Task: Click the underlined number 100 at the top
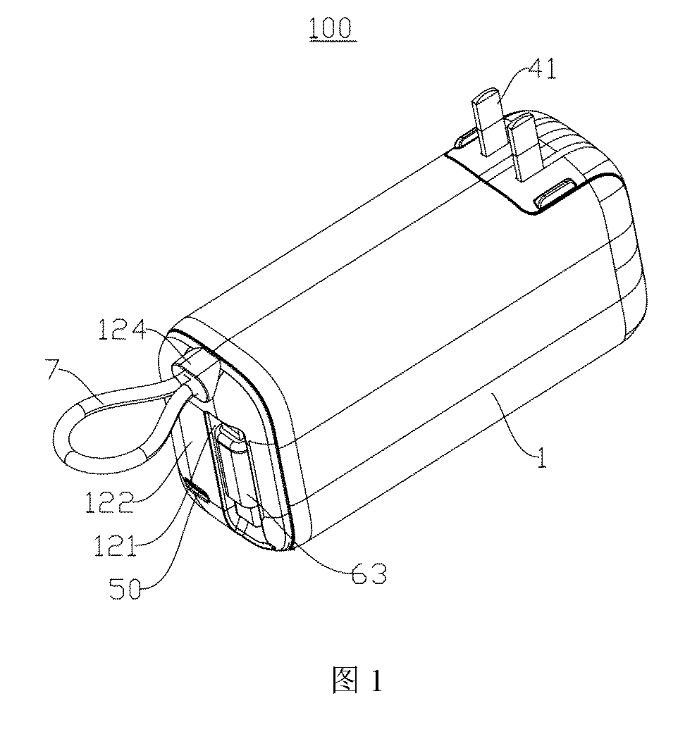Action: [331, 28]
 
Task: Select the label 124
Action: [122, 330]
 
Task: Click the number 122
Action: [109, 503]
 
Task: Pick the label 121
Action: [116, 545]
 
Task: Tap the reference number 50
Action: [125, 588]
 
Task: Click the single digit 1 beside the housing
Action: [541, 457]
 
